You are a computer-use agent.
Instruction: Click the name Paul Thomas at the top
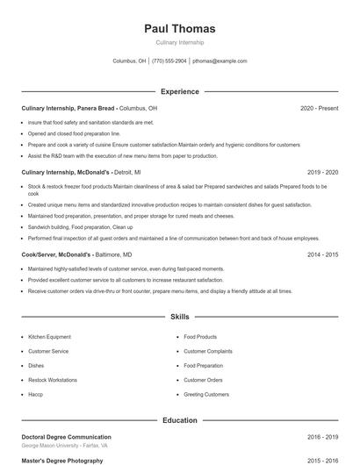(x=179, y=28)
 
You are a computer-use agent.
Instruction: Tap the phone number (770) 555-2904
(x=169, y=61)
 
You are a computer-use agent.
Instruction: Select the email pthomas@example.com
(x=220, y=61)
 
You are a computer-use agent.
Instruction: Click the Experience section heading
(x=179, y=91)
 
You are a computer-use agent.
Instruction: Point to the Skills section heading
(x=179, y=316)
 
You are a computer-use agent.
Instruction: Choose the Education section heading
(x=179, y=420)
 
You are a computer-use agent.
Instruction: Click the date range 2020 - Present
(x=319, y=108)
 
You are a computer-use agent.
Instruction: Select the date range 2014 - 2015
(x=323, y=254)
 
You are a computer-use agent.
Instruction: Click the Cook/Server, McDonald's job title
(x=56, y=254)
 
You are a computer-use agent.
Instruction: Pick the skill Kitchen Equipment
(x=48, y=337)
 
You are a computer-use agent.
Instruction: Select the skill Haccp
(x=36, y=395)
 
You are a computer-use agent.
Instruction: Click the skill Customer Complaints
(x=207, y=351)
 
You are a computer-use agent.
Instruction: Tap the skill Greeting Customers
(x=206, y=395)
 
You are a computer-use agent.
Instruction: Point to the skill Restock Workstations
(x=52, y=380)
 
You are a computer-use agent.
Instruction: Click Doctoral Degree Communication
(x=66, y=437)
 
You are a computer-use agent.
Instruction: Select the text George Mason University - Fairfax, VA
(x=64, y=446)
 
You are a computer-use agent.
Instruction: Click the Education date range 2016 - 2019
(x=323, y=437)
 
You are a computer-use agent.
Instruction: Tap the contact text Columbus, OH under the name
(x=130, y=61)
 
